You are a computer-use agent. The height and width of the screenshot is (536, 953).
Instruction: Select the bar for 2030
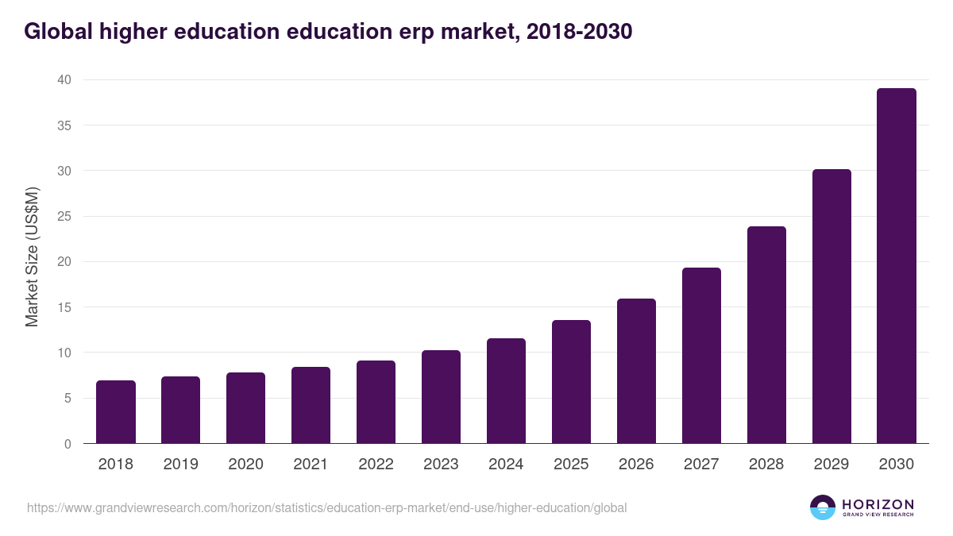897,266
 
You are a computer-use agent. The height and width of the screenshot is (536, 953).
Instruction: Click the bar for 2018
116,412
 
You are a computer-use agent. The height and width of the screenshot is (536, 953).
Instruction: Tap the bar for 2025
571,382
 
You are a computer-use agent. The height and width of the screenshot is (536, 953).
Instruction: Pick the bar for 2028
766,335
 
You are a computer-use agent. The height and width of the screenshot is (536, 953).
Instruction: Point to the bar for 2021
311,405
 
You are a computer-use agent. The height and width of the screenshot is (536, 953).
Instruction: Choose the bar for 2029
831,307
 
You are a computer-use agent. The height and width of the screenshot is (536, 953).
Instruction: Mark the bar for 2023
441,397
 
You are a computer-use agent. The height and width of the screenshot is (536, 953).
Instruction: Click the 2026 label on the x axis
636,465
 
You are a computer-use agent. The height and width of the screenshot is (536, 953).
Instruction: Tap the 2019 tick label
181,465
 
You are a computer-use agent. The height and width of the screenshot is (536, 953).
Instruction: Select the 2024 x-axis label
506,465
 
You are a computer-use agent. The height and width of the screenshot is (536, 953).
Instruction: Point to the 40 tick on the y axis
64,79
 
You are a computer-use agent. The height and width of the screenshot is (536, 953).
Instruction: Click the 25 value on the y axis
64,216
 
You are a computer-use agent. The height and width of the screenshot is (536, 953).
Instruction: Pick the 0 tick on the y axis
68,444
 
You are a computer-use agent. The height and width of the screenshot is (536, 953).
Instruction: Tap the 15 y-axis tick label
64,307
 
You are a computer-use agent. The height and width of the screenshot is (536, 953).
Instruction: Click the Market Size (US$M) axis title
32,257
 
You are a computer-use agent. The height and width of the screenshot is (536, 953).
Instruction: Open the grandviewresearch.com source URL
326,507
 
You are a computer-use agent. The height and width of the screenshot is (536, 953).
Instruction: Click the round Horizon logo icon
823,507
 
